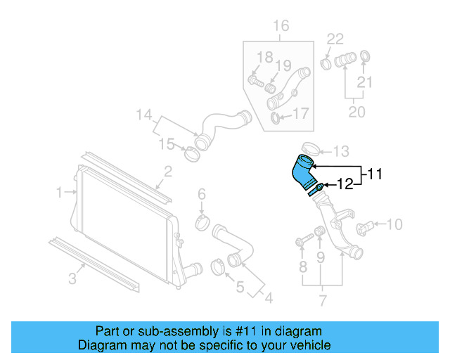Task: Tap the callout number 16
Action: tap(281, 27)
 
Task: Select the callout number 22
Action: tap(335, 39)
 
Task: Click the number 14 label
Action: tap(143, 114)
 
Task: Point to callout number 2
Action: tap(169, 171)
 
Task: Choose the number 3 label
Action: tap(72, 279)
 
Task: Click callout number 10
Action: tap(395, 224)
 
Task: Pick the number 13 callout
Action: tap(341, 151)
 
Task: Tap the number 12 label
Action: tap(345, 185)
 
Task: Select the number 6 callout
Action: tap(201, 193)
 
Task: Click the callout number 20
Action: tap(357, 112)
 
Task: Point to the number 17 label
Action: tap(300, 113)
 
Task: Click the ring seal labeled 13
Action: tap(311, 148)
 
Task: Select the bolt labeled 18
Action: tap(256, 82)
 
